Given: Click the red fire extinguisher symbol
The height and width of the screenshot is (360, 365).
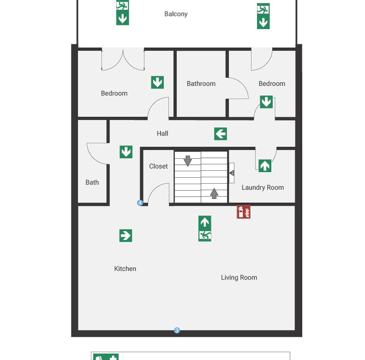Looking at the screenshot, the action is (x=244, y=212).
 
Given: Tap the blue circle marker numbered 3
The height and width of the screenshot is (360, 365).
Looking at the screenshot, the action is (x=177, y=330).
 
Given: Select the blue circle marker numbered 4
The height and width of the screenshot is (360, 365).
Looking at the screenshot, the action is (x=140, y=203).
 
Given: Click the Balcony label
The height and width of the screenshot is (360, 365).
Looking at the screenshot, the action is (x=176, y=14).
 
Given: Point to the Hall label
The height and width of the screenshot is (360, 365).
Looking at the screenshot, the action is (x=162, y=133).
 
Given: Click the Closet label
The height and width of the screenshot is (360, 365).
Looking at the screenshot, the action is (x=158, y=166).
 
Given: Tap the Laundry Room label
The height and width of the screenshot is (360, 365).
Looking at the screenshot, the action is (x=263, y=187).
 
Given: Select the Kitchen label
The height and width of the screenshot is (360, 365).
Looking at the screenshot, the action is (x=125, y=269).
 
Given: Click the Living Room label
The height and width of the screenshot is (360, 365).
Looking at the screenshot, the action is (x=239, y=277).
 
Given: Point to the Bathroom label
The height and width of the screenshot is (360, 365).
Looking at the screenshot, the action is (x=201, y=84).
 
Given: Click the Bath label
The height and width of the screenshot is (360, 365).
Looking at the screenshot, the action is (x=92, y=182).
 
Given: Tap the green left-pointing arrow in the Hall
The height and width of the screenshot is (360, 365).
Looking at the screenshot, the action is (x=221, y=134).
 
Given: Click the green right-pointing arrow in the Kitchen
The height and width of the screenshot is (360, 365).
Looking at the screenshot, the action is (x=126, y=235).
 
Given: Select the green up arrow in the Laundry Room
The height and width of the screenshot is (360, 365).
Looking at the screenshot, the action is (x=265, y=166).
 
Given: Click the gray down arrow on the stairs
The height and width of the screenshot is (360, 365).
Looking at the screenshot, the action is (x=188, y=161).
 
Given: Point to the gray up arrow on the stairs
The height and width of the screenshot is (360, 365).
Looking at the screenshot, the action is (x=214, y=193).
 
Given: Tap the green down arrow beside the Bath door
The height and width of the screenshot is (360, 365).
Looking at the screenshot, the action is (x=126, y=152).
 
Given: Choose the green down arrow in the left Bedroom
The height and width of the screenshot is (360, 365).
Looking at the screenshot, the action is (x=157, y=82).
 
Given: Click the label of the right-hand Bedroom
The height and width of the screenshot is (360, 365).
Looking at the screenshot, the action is (x=272, y=84).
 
